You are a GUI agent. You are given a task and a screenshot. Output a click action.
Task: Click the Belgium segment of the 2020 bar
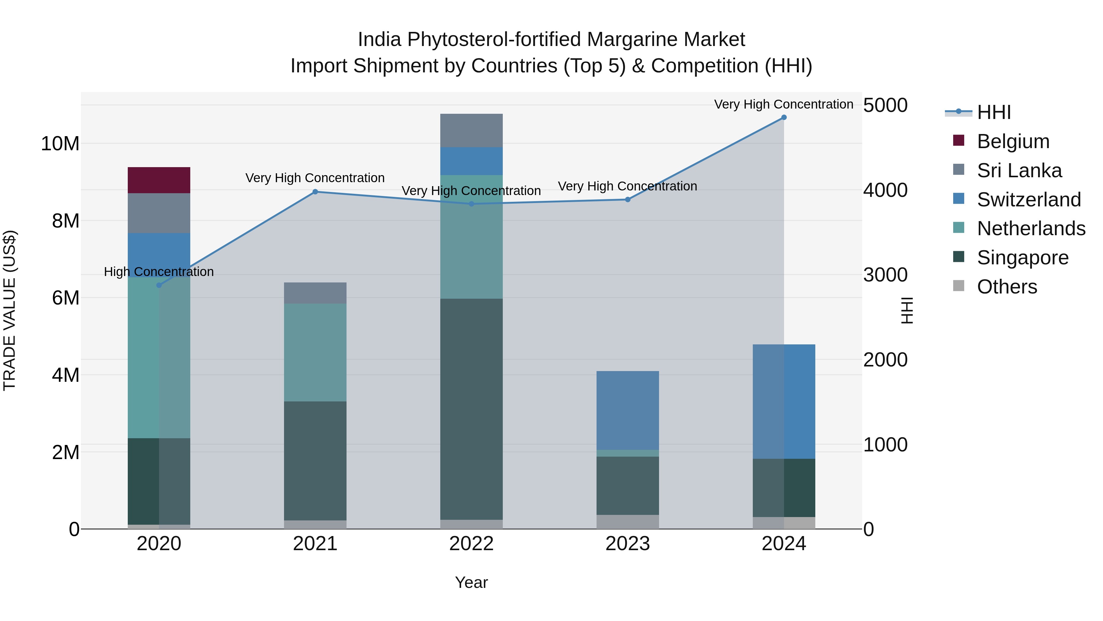159,180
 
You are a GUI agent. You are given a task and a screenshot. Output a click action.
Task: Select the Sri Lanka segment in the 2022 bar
472,130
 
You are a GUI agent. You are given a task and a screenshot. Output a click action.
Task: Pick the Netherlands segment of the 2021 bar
315,352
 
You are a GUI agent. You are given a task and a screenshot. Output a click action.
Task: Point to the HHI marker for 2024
784,117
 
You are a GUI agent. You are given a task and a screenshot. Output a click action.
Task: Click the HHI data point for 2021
315,192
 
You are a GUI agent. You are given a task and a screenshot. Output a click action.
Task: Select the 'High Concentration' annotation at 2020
159,272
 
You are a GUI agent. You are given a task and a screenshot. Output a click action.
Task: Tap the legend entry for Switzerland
1029,199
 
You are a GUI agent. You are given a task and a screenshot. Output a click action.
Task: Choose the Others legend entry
1007,286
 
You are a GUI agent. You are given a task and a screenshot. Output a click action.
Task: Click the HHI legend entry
993,112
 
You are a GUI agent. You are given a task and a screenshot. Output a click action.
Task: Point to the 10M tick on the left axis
60,144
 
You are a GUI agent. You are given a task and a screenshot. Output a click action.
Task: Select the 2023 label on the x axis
628,543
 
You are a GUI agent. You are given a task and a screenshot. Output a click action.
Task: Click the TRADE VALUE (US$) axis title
9,310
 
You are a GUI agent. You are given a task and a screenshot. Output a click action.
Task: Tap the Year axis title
472,582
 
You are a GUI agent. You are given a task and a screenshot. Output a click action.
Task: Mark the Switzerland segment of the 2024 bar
784,401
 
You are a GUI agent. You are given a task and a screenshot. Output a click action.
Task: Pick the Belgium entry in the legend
1013,141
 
